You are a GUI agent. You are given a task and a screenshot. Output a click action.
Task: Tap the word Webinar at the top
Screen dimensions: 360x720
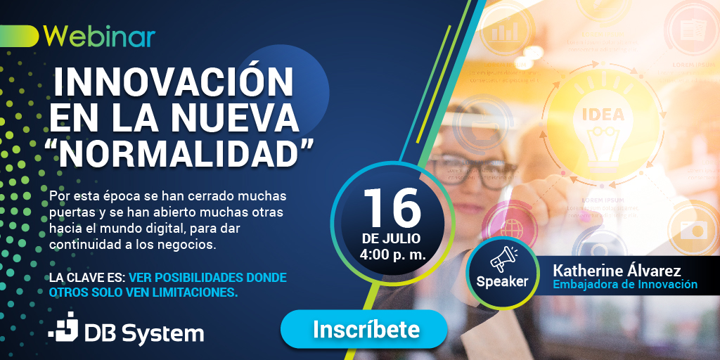coord(99,36)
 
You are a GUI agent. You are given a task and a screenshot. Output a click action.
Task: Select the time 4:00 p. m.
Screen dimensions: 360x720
coord(392,255)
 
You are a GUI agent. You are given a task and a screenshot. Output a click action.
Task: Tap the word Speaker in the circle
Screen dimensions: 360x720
coord(502,282)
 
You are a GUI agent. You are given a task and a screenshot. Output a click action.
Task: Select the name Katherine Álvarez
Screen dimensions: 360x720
coord(617,271)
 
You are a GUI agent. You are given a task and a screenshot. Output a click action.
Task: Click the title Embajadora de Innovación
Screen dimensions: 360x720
coord(625,285)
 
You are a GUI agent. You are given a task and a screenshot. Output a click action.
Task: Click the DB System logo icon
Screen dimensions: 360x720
coord(64,328)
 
